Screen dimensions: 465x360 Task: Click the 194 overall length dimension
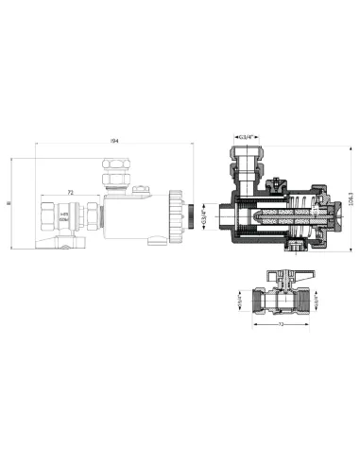[x=114, y=141]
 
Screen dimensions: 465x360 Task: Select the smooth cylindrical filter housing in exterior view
[x=132, y=217]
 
